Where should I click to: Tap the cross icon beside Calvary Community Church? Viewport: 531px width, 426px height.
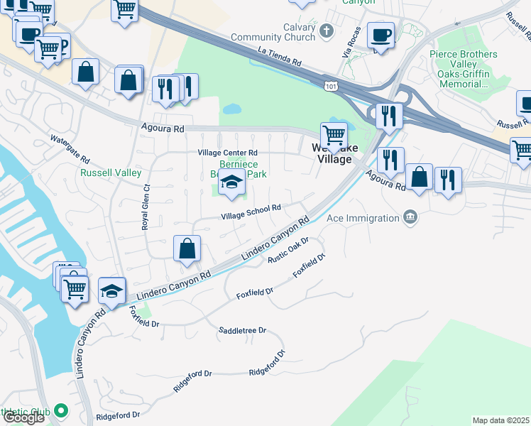(x=326, y=31)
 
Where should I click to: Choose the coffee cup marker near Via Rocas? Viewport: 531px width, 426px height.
(x=381, y=35)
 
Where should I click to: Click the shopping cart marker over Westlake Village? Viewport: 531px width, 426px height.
(x=334, y=134)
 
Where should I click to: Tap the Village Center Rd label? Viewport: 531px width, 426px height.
(x=227, y=153)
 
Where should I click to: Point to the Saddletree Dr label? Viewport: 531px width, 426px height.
(x=242, y=331)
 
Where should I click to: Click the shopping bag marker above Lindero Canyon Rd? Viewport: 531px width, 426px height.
(x=187, y=249)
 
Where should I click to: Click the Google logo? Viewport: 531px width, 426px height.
(x=24, y=417)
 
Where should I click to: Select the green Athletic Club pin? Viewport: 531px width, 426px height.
(x=61, y=410)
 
